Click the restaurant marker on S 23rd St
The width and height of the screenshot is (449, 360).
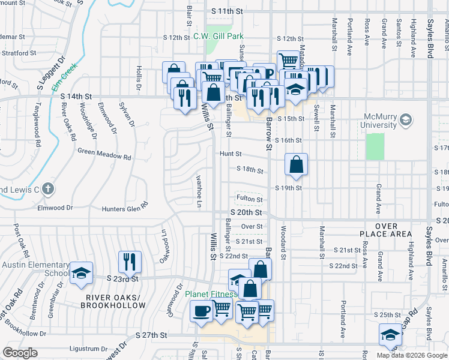tap(130, 261)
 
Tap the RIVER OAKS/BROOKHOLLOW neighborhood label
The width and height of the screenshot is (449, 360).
tap(116, 301)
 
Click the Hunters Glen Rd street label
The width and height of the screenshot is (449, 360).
tap(125, 208)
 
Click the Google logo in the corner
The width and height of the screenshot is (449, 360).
tap(19, 352)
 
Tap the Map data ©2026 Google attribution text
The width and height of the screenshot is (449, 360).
tap(412, 355)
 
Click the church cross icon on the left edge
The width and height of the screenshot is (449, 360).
tap(49, 190)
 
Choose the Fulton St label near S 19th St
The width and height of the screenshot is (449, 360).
tap(250, 199)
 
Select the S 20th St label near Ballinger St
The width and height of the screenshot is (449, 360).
tap(246, 212)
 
